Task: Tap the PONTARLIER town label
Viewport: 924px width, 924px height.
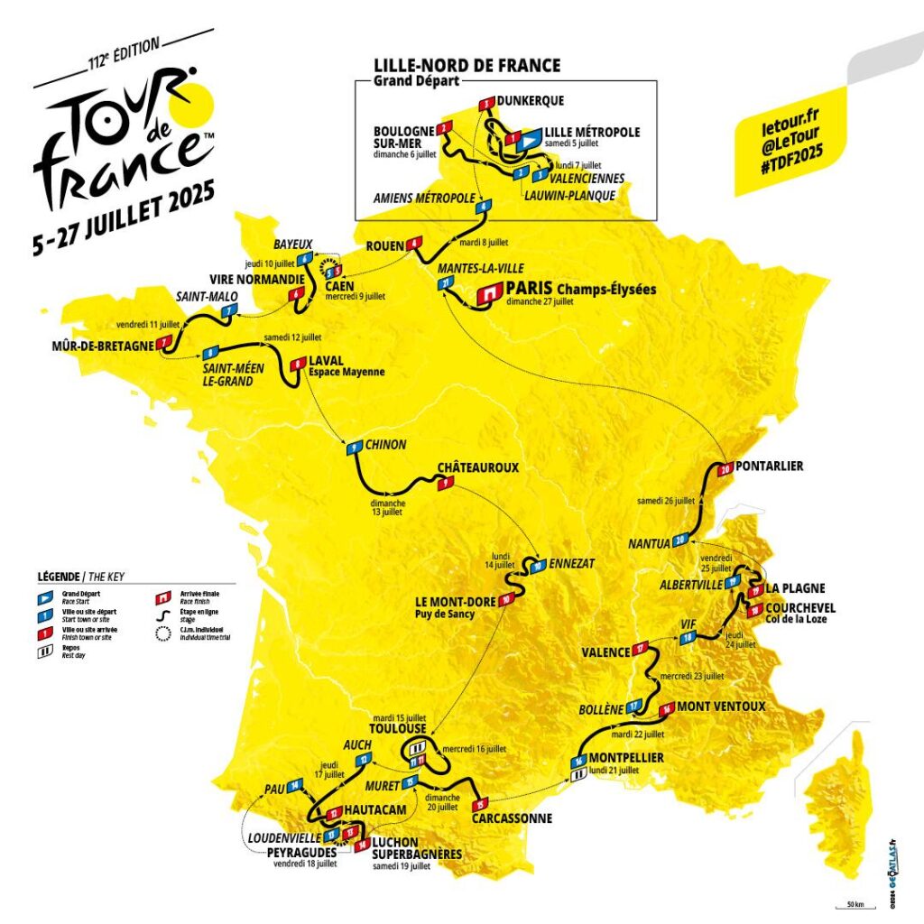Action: pyautogui.click(x=769, y=467)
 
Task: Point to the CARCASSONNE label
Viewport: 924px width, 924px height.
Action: pyautogui.click(x=512, y=818)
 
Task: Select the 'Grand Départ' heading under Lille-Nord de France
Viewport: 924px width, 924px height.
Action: pyautogui.click(x=411, y=80)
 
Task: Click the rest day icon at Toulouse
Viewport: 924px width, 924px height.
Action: pyautogui.click(x=417, y=749)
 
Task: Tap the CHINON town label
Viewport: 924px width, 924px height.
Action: pyautogui.click(x=386, y=445)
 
